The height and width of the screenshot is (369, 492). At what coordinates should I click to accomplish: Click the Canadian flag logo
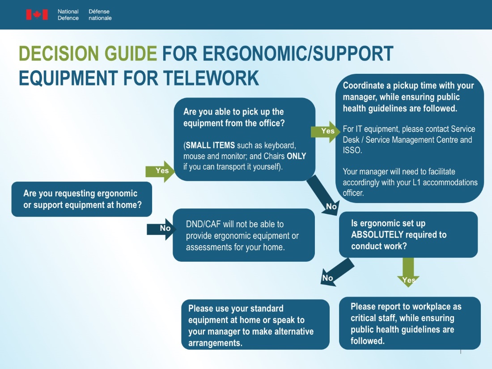point(37,15)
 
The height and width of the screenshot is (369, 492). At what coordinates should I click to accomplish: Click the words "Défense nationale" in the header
point(100,15)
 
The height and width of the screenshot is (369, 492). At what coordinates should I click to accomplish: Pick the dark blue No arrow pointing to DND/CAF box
point(160,229)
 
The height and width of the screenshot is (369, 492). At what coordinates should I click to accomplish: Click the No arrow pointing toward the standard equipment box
point(336,272)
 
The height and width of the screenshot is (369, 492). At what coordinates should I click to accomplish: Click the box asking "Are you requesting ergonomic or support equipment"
point(81,199)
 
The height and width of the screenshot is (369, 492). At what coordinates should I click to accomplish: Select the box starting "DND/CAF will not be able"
point(243,235)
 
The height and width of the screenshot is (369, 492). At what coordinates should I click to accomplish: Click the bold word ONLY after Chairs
point(296,156)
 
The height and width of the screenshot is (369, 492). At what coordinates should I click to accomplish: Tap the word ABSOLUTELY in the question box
point(376,235)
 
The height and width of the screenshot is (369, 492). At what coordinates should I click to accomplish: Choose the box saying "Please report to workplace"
point(409,323)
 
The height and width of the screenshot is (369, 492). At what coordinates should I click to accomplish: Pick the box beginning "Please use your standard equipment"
point(255,325)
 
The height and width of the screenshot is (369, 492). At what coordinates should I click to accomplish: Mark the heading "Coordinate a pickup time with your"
point(408,85)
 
